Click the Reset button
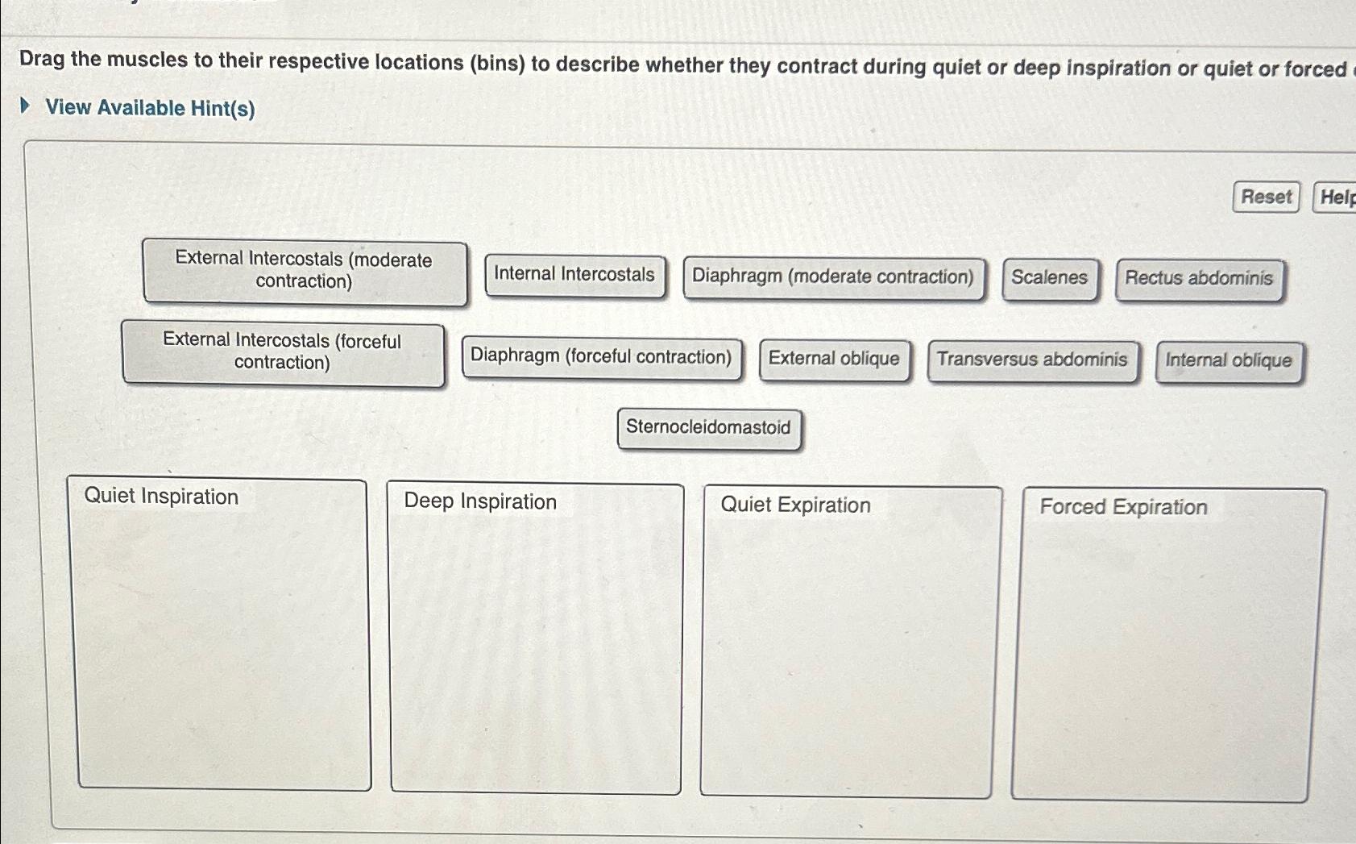1266,197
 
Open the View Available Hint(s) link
150,107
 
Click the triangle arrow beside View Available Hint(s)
26,106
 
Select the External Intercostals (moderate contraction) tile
305,272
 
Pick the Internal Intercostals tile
574,276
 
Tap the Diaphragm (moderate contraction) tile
833,277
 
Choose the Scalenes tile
1049,278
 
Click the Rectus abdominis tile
1199,279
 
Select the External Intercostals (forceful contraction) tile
283,352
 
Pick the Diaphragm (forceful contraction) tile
601,357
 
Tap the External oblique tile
834,360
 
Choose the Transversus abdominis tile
1032,360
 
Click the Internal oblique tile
1229,361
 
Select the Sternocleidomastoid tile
708,428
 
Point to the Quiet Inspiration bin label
161,497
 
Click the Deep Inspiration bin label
480,501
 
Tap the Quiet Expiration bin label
795,505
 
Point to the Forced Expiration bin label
1123,507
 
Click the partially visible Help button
1336,197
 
